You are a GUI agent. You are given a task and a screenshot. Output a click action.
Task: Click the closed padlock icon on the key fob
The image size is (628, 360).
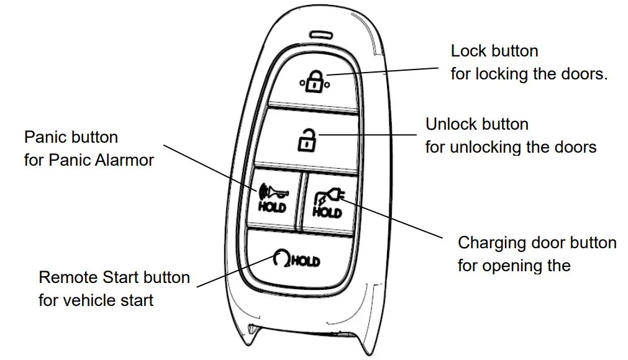[x=315, y=79]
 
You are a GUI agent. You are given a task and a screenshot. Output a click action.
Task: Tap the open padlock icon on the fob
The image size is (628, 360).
[x=306, y=140]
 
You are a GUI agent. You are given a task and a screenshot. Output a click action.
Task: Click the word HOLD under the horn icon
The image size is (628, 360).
[x=271, y=207]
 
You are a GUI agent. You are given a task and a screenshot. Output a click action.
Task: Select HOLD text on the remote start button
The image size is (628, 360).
[x=305, y=261]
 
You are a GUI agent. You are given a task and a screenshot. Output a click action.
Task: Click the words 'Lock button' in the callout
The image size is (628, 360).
[x=494, y=51]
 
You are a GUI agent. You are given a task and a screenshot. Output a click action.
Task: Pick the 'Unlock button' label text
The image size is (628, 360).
[x=476, y=124]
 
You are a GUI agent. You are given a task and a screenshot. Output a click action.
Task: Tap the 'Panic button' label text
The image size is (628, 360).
[x=71, y=137]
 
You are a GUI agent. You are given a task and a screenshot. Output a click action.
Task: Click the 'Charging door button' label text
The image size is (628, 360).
[x=537, y=242]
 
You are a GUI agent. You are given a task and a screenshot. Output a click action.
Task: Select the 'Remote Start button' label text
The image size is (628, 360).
[x=114, y=277]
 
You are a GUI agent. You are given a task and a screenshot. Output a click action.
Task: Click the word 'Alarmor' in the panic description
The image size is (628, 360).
[x=125, y=160]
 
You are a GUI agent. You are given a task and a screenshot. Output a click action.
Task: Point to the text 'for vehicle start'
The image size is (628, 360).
[x=96, y=300]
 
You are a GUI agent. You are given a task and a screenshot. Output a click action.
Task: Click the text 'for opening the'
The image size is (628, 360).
[x=514, y=266]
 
